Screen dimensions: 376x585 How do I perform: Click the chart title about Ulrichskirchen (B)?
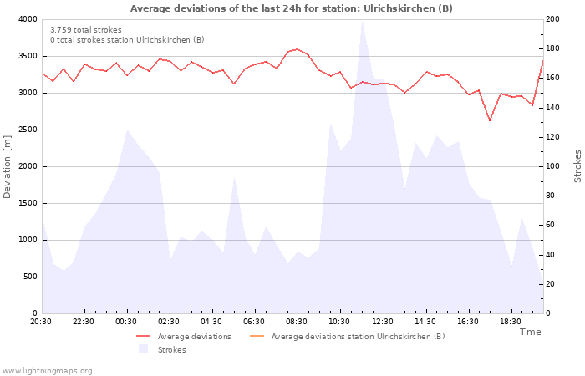pyautogui.click(x=292, y=8)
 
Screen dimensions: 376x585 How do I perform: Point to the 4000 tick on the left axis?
pyautogui.click(x=28, y=19)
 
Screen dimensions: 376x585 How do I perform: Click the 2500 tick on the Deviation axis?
pyautogui.click(x=28, y=130)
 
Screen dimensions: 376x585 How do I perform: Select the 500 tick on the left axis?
pyautogui.click(x=30, y=277)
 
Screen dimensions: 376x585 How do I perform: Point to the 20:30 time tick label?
pyautogui.click(x=41, y=322)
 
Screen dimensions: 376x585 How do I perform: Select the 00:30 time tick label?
pyautogui.click(x=126, y=322)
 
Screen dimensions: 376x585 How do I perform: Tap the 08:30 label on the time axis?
pyautogui.click(x=298, y=322)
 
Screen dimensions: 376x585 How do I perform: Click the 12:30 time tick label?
pyautogui.click(x=383, y=322)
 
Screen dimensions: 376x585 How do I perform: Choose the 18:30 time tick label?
pyautogui.click(x=511, y=322)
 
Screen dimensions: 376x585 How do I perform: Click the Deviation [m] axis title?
pyautogui.click(x=8, y=166)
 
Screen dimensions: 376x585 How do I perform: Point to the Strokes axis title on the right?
pyautogui.click(x=577, y=166)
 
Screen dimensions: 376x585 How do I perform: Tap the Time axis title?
pyautogui.click(x=530, y=332)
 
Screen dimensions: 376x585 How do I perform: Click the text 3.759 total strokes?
pyautogui.click(x=86, y=30)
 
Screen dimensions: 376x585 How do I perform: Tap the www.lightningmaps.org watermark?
pyautogui.click(x=47, y=371)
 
